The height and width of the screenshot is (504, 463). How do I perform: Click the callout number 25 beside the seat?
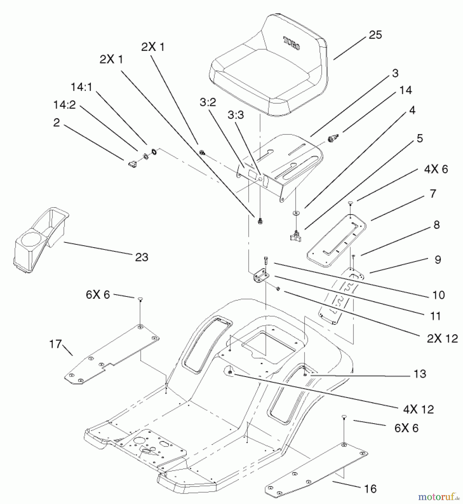pos(375,35)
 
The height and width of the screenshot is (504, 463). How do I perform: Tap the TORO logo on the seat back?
pos(291,43)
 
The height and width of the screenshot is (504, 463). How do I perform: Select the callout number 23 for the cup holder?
pos(141,257)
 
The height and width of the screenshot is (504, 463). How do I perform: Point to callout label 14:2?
pos(64,105)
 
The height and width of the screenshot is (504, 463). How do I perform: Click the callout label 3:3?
pos(235,115)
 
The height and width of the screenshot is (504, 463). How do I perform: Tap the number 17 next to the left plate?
pos(55,344)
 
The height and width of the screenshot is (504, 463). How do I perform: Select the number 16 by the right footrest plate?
pos(370,489)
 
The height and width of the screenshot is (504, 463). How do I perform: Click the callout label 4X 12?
pos(418,409)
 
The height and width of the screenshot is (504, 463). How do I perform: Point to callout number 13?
pos(420,374)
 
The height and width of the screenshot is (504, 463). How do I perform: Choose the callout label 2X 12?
pos(442,339)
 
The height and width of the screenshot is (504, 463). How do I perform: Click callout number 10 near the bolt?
pos(438,295)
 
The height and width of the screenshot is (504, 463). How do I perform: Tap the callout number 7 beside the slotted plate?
pos(433,193)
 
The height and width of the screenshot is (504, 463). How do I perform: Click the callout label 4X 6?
pos(436,169)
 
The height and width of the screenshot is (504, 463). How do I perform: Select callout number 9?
pos(438,260)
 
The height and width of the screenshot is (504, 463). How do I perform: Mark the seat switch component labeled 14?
pos(333,138)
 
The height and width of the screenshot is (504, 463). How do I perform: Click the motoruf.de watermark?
pos(439,497)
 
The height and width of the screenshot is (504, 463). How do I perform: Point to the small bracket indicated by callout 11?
pos(260,277)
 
